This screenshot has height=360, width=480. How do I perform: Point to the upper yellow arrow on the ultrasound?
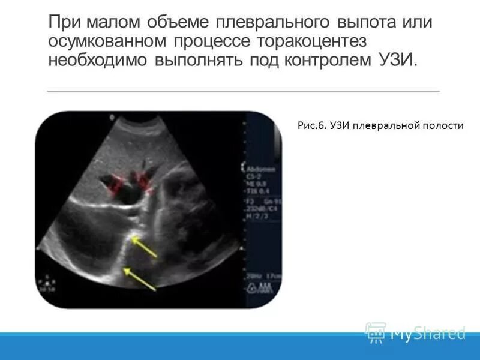145,247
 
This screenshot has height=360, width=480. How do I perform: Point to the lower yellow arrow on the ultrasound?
141,280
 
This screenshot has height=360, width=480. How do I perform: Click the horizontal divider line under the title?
243,91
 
